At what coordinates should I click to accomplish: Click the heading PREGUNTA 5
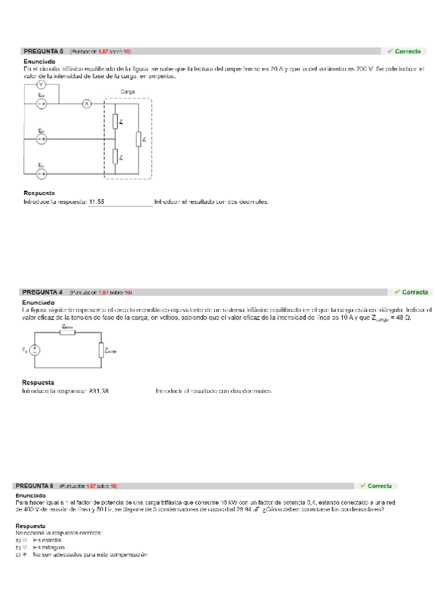44,51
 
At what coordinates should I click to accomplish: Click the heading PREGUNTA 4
44,292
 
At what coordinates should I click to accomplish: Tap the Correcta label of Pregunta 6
375,486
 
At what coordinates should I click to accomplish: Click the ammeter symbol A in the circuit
86,104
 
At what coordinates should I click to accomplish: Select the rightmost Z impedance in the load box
138,139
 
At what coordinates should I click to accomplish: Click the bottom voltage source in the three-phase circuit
41,173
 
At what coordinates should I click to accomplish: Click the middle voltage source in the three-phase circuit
41,139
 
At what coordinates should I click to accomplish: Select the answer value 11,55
97,202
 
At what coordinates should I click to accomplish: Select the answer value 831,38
99,391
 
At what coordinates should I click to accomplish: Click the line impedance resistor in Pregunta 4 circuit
68,334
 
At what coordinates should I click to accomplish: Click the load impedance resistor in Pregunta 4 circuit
100,350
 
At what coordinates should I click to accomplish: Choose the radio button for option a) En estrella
25,540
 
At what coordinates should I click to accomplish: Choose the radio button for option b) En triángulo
25,548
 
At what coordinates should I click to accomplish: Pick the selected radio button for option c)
25,555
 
